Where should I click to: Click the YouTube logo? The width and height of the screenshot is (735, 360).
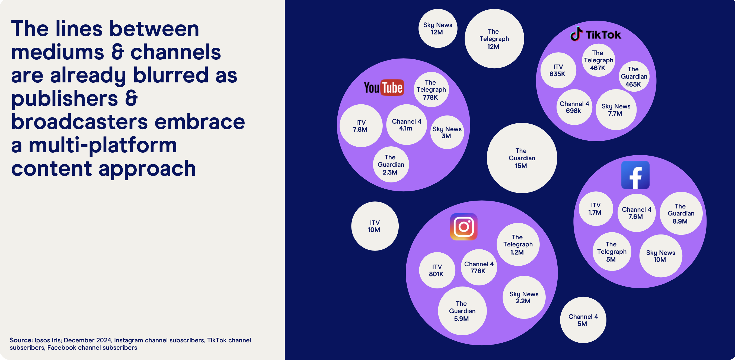point(384,87)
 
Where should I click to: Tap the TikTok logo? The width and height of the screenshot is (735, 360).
point(596,34)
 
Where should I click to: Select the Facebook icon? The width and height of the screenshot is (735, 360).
point(635,175)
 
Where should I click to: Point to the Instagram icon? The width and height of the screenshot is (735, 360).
point(464,227)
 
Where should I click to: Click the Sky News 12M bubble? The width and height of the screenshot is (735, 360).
point(438,28)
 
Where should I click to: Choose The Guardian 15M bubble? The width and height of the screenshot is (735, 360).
point(522,158)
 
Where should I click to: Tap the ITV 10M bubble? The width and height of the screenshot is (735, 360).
point(375,226)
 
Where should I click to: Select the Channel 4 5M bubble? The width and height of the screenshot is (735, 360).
point(583,320)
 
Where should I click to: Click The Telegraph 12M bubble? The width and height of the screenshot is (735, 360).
point(494,38)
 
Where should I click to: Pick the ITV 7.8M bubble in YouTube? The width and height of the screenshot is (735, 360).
point(361,126)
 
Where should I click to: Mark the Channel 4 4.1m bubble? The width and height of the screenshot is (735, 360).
point(407,125)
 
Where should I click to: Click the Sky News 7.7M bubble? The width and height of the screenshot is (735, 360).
point(616,110)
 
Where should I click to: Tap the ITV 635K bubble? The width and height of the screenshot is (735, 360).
point(558,70)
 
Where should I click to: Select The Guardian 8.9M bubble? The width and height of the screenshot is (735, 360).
point(681,213)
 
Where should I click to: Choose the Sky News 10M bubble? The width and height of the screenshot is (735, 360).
point(661,256)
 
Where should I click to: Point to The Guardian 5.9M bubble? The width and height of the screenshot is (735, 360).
point(462,311)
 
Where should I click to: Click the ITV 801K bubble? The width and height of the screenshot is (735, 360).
point(437,270)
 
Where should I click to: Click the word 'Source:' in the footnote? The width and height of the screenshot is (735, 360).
point(21,340)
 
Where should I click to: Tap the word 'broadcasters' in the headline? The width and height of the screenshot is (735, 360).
point(79,122)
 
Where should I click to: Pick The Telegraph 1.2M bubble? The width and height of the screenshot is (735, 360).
point(518,245)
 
